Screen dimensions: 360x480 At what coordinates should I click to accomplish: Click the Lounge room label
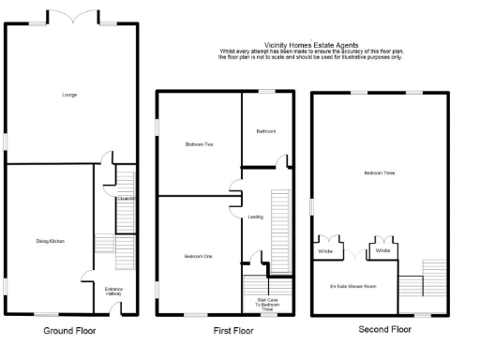coord(69,95)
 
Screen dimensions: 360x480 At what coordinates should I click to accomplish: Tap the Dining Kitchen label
coord(49,242)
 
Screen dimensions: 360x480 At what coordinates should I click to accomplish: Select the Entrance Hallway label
coord(112,292)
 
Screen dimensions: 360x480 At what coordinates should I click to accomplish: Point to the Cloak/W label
coord(127,198)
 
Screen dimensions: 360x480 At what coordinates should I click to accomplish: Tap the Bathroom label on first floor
coord(266,131)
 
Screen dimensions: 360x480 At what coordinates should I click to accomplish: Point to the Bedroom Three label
coord(380,173)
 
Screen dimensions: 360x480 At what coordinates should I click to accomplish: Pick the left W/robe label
coord(325,251)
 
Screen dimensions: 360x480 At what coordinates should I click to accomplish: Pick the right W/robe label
coord(382,251)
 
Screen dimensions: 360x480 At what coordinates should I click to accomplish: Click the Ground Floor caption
coord(69,331)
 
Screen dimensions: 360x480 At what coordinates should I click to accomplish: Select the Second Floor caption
coord(385,330)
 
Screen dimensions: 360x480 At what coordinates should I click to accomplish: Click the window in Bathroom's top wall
coord(267,91)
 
